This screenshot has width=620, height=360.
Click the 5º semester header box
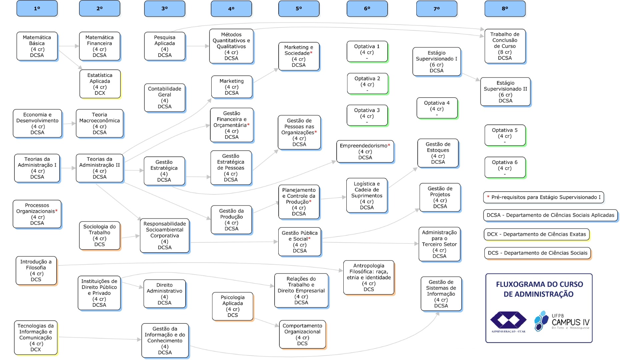299,9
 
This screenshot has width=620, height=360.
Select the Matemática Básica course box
37,46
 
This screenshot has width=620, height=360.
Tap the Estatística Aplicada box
100,84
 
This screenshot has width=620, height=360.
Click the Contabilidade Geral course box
165,98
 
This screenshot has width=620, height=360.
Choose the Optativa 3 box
367,116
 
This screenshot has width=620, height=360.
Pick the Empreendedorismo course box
365,151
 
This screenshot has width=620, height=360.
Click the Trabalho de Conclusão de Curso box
505,46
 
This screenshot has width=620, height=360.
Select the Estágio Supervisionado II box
505,92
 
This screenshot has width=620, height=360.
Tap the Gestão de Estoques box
438,153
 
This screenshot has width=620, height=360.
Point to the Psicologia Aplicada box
233,306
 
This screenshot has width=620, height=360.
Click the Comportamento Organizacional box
302,334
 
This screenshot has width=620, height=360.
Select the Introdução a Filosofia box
36,271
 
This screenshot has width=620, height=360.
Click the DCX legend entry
536,234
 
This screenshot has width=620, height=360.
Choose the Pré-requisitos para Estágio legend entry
543,197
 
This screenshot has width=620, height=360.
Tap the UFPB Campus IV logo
562,321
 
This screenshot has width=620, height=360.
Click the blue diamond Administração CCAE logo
508,321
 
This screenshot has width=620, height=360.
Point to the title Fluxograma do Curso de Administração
539,289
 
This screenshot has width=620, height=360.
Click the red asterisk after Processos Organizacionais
56,211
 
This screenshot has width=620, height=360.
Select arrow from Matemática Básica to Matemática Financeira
68,46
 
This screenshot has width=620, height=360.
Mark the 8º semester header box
505,9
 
